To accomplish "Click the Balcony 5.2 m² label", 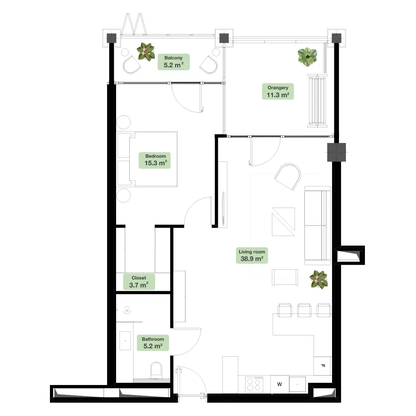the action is coord(174,62).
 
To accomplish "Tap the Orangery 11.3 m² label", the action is coord(278,92).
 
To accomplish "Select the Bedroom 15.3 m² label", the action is coord(155,160).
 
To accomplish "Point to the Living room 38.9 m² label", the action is coord(252,256).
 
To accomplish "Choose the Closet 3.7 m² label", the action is coord(139,282).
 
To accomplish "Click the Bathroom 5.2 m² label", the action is coord(153,343).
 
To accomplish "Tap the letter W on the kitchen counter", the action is coord(279,384).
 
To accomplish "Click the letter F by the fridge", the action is coord(323,366).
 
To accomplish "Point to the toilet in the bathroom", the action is coord(156,370).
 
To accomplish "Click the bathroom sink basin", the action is coord(125,340).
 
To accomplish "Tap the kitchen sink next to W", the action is coord(297,384).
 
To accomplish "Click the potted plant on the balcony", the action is coord(146,52).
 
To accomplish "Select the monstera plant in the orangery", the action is coord(307,57).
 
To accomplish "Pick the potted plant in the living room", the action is coord(319,279).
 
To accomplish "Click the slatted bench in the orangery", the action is coord(317,101).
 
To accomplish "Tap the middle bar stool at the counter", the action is coord(304,310).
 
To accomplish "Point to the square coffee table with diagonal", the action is coord(283,222).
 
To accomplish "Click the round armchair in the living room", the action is coord(287,176).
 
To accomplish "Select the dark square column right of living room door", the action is coord(337,152).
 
